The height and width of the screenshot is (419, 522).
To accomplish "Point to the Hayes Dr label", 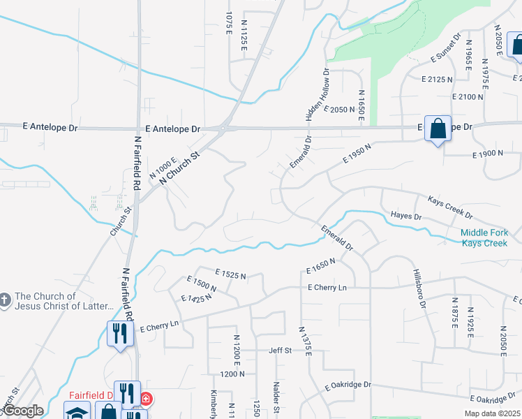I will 407,216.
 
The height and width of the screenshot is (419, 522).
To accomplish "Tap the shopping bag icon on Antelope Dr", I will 438,128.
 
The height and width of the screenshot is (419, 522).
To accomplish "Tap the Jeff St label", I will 280,351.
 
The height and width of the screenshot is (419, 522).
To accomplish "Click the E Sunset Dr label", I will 446,50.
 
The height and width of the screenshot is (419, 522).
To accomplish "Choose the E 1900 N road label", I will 488,154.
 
